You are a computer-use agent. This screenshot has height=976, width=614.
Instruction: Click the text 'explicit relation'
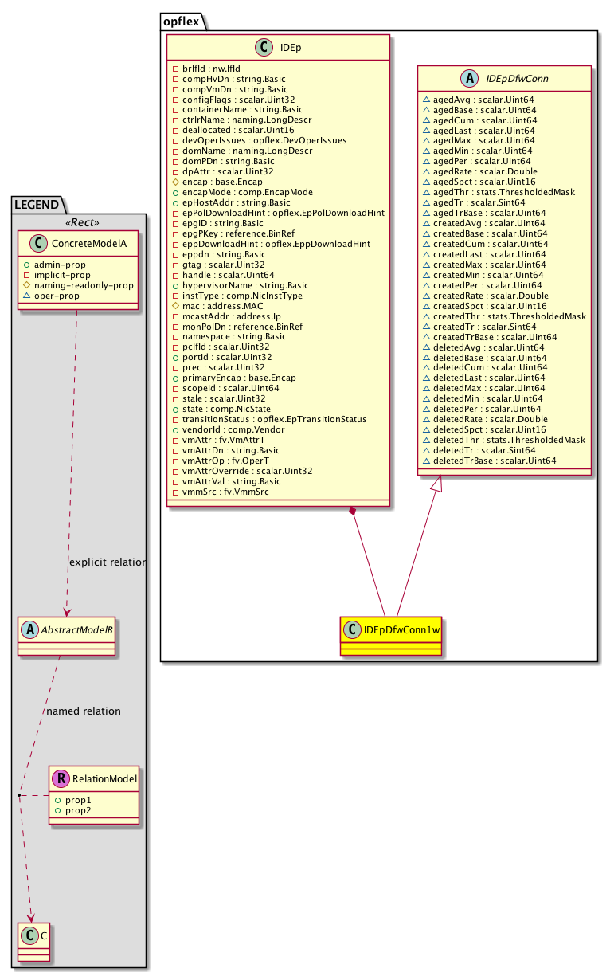click(x=108, y=562)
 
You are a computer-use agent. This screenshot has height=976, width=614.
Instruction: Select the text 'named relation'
click(x=84, y=711)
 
